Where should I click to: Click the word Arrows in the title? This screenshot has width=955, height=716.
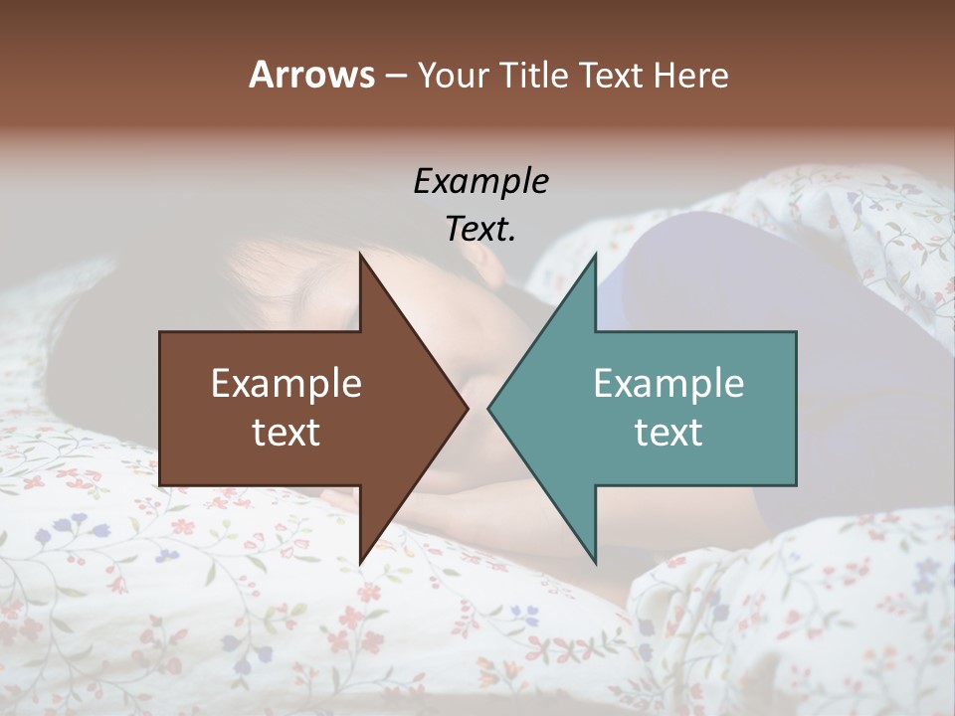coord(311,75)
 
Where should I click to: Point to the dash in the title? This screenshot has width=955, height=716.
coord(395,76)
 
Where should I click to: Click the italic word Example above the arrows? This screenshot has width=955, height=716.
coord(480,181)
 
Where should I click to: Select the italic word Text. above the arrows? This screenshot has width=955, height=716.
coord(480,229)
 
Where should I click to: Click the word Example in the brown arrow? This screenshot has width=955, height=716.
coord(286,383)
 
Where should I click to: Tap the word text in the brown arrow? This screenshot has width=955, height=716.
coord(286,432)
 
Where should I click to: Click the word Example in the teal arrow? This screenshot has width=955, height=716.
coord(668,383)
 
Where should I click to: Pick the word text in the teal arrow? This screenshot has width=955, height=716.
coord(668,432)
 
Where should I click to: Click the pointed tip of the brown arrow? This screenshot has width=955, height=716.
coord(467,408)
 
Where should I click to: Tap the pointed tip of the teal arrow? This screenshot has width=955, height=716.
coord(488,408)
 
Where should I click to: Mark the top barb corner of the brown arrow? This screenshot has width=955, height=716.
coord(361,253)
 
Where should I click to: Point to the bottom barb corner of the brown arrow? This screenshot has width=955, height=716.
coord(361,563)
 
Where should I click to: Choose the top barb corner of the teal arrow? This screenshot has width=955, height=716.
coord(595,255)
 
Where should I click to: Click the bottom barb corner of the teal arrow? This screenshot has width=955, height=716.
coord(595,563)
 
